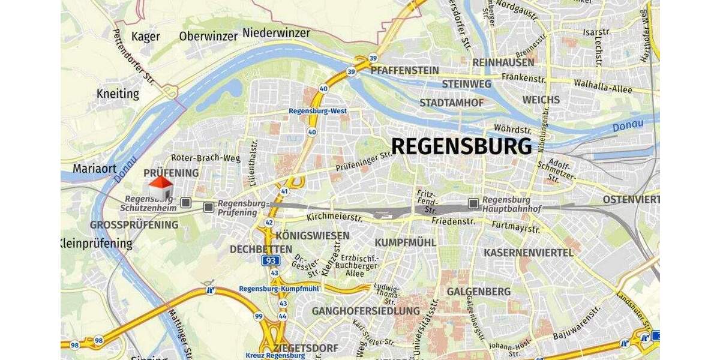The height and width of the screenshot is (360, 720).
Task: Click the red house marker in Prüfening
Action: point(161,188)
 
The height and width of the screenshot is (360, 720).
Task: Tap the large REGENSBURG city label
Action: point(461,146)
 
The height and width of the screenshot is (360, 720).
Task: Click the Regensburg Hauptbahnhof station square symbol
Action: point(474,203)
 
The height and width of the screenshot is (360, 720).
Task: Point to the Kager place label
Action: point(145,37)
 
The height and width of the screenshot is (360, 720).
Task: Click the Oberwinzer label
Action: point(208,36)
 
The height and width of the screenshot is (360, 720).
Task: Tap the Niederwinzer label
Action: point(276,32)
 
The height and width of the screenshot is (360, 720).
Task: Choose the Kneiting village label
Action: point(118,94)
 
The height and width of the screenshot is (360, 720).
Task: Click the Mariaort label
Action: point(95,169)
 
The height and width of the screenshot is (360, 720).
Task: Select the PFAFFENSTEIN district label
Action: point(405,70)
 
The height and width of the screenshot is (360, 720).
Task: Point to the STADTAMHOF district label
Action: point(451,103)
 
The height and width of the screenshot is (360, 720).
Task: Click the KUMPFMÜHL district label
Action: point(403,242)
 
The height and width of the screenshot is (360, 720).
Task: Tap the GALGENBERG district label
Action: point(479,292)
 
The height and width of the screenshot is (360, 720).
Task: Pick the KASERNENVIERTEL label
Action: point(529,253)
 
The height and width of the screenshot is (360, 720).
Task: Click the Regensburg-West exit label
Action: point(317,111)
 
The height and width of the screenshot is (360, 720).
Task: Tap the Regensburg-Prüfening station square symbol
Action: point(208,207)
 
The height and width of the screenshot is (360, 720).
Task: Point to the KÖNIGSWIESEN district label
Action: point(313,235)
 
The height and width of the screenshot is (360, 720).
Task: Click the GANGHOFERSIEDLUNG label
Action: point(365,311)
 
